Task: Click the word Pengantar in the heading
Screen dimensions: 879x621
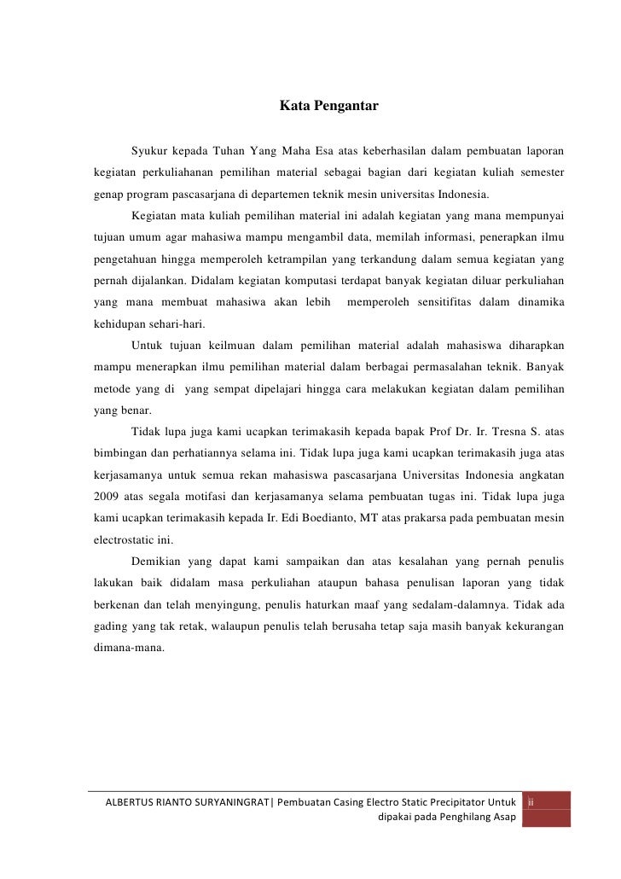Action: click(345, 108)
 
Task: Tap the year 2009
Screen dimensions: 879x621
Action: click(106, 497)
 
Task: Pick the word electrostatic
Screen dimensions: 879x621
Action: click(125, 540)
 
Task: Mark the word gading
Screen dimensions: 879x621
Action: click(110, 626)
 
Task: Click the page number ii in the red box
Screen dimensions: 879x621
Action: click(531, 803)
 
